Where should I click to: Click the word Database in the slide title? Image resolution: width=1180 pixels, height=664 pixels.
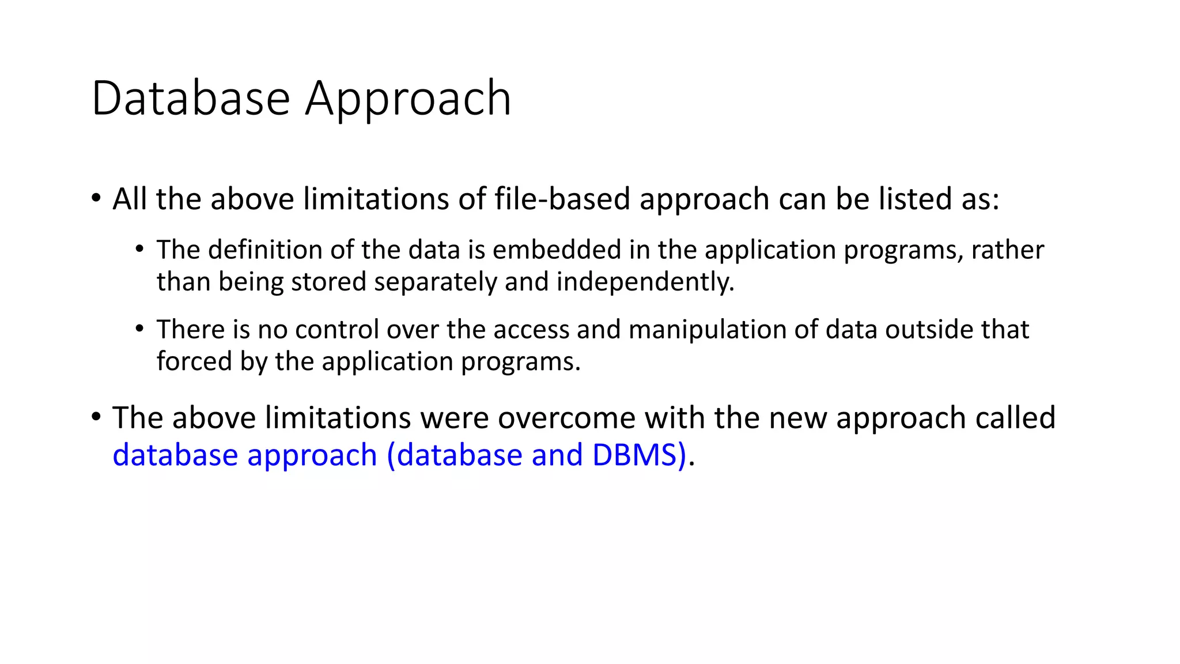(x=190, y=99)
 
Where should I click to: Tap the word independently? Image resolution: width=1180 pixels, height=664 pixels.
(x=645, y=282)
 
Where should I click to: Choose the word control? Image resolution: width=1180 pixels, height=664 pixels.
(x=337, y=330)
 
